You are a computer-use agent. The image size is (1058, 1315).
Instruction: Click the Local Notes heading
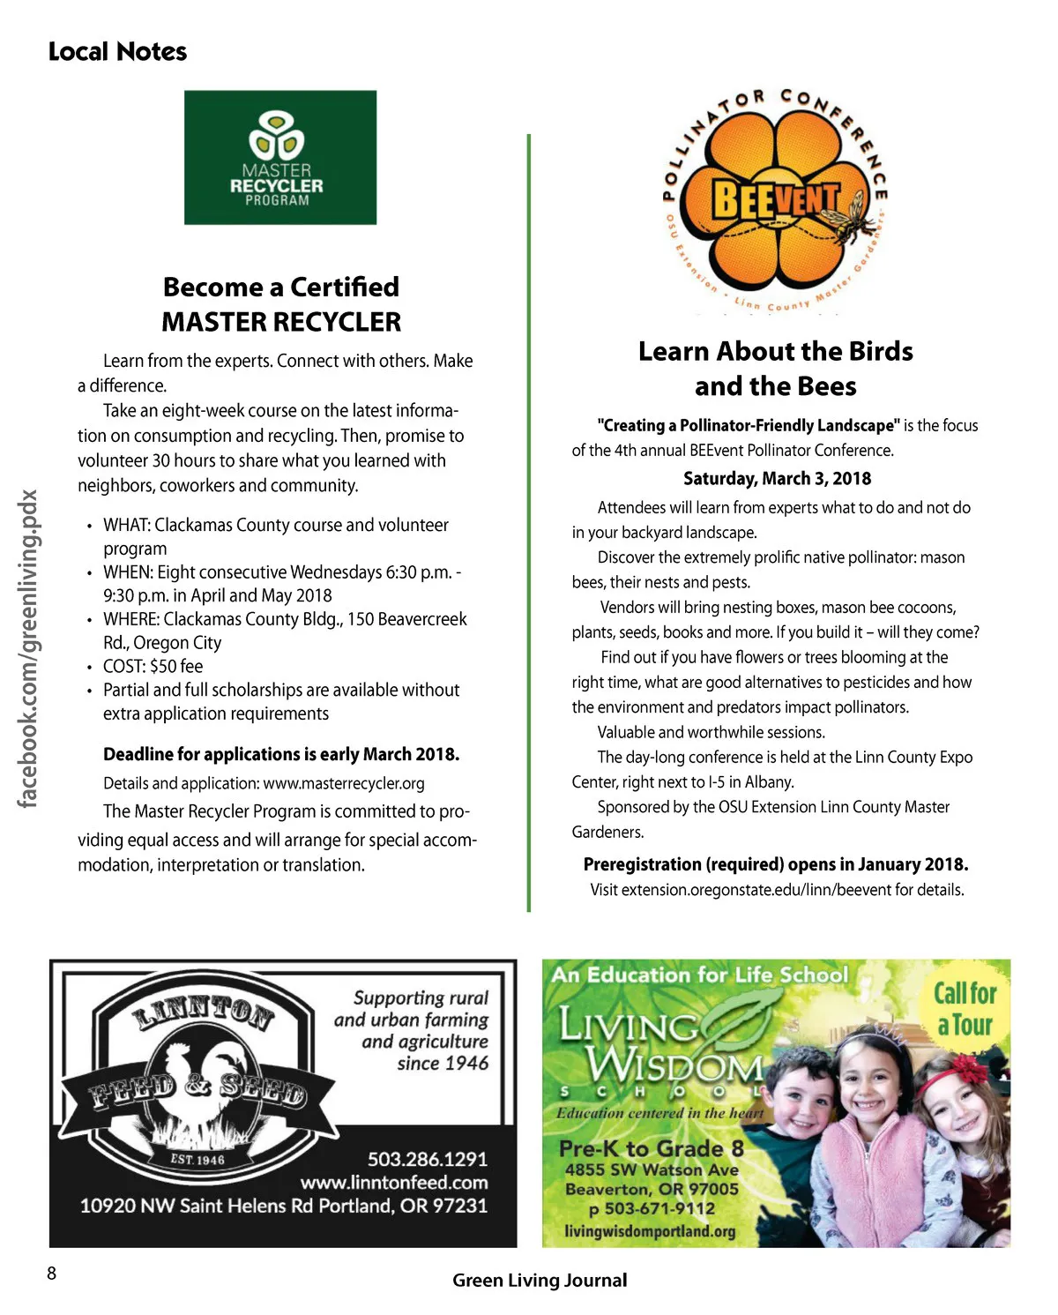point(117,52)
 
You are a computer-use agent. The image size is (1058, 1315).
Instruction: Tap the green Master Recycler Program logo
point(280,158)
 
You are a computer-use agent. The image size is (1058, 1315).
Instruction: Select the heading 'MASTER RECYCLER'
point(281,322)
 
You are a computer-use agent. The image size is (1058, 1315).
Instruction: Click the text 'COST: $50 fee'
point(153,667)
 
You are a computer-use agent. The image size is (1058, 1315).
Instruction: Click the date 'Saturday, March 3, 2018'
point(777,479)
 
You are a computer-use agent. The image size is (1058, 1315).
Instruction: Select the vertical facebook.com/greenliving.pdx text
point(28,648)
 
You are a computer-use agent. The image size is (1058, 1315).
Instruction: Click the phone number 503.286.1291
point(427,1159)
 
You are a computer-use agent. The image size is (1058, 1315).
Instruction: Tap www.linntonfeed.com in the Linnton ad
point(393,1183)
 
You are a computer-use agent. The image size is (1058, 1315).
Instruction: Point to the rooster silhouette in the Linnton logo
point(203,1089)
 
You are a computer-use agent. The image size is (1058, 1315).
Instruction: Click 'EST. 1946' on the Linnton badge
point(197,1159)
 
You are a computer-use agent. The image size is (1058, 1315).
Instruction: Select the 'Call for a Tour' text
point(965,1009)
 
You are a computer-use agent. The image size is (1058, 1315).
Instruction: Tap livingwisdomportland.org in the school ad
point(650,1231)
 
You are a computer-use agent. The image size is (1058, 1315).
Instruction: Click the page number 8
point(52,1273)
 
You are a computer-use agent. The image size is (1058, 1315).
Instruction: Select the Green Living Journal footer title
point(540,1281)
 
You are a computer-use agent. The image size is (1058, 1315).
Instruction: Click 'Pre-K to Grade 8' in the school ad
point(652,1148)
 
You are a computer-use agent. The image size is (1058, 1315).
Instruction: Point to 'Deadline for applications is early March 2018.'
point(281,754)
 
